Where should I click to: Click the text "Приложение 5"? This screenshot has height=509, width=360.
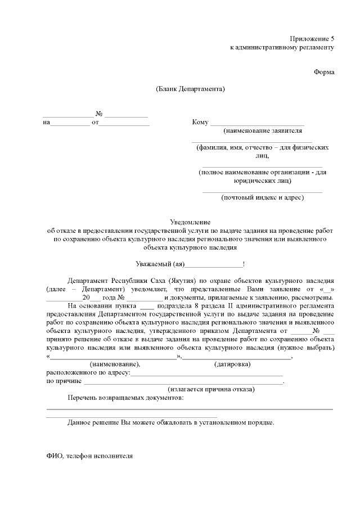[312, 39]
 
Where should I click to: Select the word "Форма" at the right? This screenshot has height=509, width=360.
[325, 73]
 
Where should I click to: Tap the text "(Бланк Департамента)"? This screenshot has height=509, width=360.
[191, 89]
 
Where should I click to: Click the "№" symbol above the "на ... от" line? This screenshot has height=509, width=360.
[98, 114]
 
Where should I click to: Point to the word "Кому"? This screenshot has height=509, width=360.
[200, 122]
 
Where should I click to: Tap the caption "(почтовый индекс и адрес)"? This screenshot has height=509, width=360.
[262, 197]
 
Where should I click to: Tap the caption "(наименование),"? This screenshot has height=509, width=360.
[115, 364]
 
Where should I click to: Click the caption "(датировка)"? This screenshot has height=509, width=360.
[232, 364]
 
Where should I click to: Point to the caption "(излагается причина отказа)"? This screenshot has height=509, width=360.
[211, 389]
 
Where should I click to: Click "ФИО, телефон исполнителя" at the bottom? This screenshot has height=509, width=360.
[89, 456]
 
